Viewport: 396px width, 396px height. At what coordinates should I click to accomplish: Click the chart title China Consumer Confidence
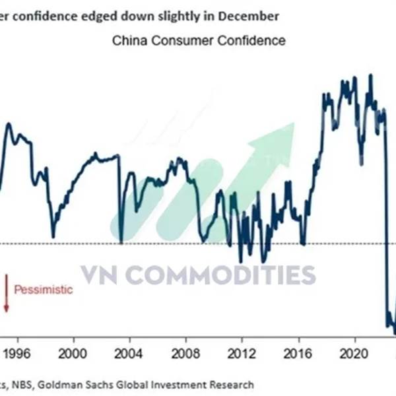(x=199, y=41)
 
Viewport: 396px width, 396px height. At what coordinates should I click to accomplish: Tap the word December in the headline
(x=246, y=15)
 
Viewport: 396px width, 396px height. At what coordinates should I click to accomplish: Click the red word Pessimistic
(x=44, y=290)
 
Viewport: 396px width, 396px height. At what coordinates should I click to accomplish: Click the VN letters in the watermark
(x=100, y=275)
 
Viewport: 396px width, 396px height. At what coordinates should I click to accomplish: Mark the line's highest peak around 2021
(x=370, y=75)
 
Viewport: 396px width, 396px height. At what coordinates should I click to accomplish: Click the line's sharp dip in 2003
(x=121, y=242)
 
